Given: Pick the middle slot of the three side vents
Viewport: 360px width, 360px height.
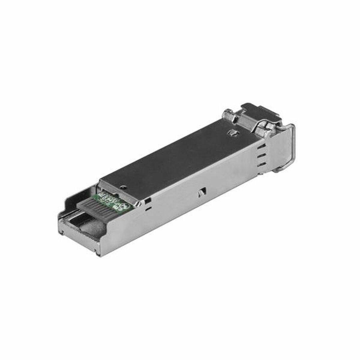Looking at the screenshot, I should [262, 156].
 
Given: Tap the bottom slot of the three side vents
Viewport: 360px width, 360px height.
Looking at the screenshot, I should [262, 165].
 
